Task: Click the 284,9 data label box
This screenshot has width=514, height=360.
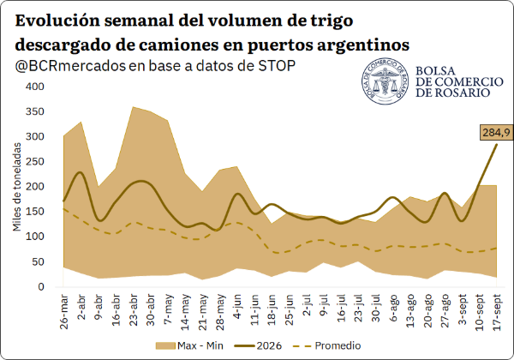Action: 496,133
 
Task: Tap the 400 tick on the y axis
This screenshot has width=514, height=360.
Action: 35,87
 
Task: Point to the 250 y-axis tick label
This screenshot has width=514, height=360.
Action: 35,162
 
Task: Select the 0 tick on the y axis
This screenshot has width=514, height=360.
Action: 40,287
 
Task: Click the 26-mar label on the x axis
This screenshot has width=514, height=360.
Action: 64,312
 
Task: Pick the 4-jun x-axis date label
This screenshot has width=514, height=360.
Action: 237,307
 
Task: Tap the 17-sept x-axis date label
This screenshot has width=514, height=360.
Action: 497,313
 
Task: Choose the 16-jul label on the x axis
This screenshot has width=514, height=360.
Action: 341,309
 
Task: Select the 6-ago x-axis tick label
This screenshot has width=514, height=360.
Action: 393,308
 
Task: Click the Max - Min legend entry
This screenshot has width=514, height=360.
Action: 189,345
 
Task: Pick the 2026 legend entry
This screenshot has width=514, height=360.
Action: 259,345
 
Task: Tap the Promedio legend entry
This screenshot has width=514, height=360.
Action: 327,345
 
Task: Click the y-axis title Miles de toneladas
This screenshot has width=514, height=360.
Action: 17,187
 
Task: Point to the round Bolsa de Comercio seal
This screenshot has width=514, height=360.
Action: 385,81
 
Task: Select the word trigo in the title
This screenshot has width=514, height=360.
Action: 330,21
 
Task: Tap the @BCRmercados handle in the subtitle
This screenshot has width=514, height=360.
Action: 70,66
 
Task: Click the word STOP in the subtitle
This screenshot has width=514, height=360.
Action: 277,66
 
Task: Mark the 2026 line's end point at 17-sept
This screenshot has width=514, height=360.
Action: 497,144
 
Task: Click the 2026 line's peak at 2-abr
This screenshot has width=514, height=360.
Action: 81,172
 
